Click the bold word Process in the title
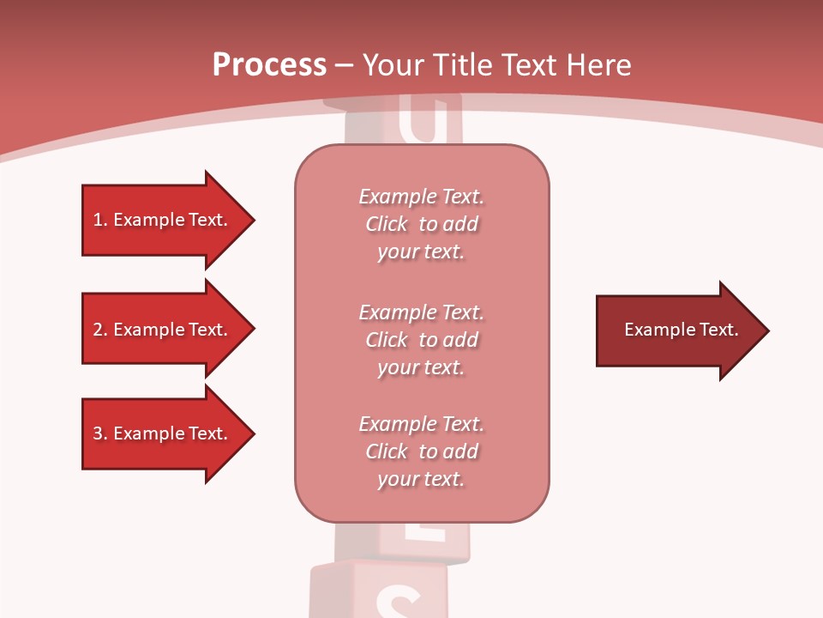click(x=269, y=65)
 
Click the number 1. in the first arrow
click(x=99, y=220)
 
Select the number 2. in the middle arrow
click(x=99, y=330)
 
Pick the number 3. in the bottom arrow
click(x=99, y=433)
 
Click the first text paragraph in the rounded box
click(x=421, y=224)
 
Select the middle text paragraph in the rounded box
click(x=421, y=340)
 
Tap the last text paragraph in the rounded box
click(x=421, y=451)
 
